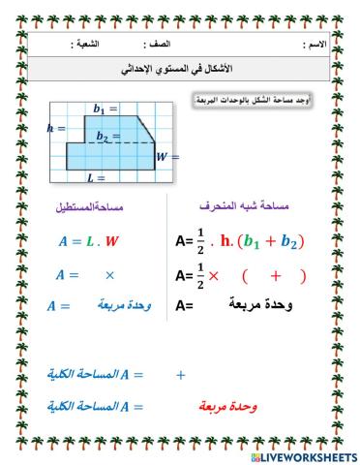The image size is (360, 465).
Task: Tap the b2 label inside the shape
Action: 103,137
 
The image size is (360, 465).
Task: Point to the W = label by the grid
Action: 168,155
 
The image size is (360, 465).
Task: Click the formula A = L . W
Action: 87,240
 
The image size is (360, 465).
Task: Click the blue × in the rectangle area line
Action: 109,275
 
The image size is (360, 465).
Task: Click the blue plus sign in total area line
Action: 180,374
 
